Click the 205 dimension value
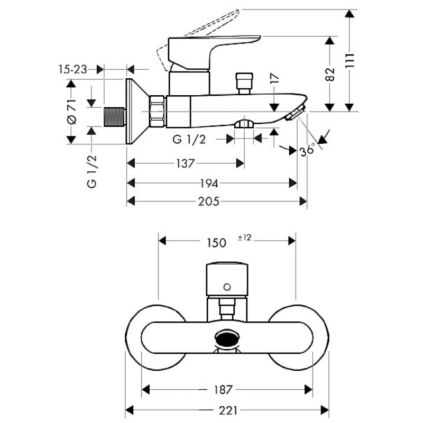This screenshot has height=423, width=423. point(209,201)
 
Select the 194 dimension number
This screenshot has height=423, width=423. point(209,183)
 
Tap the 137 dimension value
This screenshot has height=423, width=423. point(186,163)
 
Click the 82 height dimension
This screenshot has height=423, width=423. point(330,74)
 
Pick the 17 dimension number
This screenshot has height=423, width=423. point(274,78)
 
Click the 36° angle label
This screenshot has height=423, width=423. point(307,150)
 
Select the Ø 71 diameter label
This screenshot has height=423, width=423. point(71,112)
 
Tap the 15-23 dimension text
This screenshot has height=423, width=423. point(72,70)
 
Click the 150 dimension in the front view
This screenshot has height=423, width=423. point(216,243)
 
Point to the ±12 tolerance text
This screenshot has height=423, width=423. point(245,237)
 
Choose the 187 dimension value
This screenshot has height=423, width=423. point(223,390)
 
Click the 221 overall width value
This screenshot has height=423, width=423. point(228,411)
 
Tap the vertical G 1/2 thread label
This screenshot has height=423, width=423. point(91,171)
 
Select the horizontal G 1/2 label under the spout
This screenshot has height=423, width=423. point(189,140)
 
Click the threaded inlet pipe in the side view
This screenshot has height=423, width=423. point(114,117)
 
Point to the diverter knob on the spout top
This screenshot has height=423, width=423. point(244,84)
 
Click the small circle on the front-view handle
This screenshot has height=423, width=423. point(227,287)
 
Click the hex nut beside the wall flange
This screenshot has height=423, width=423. point(157,111)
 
